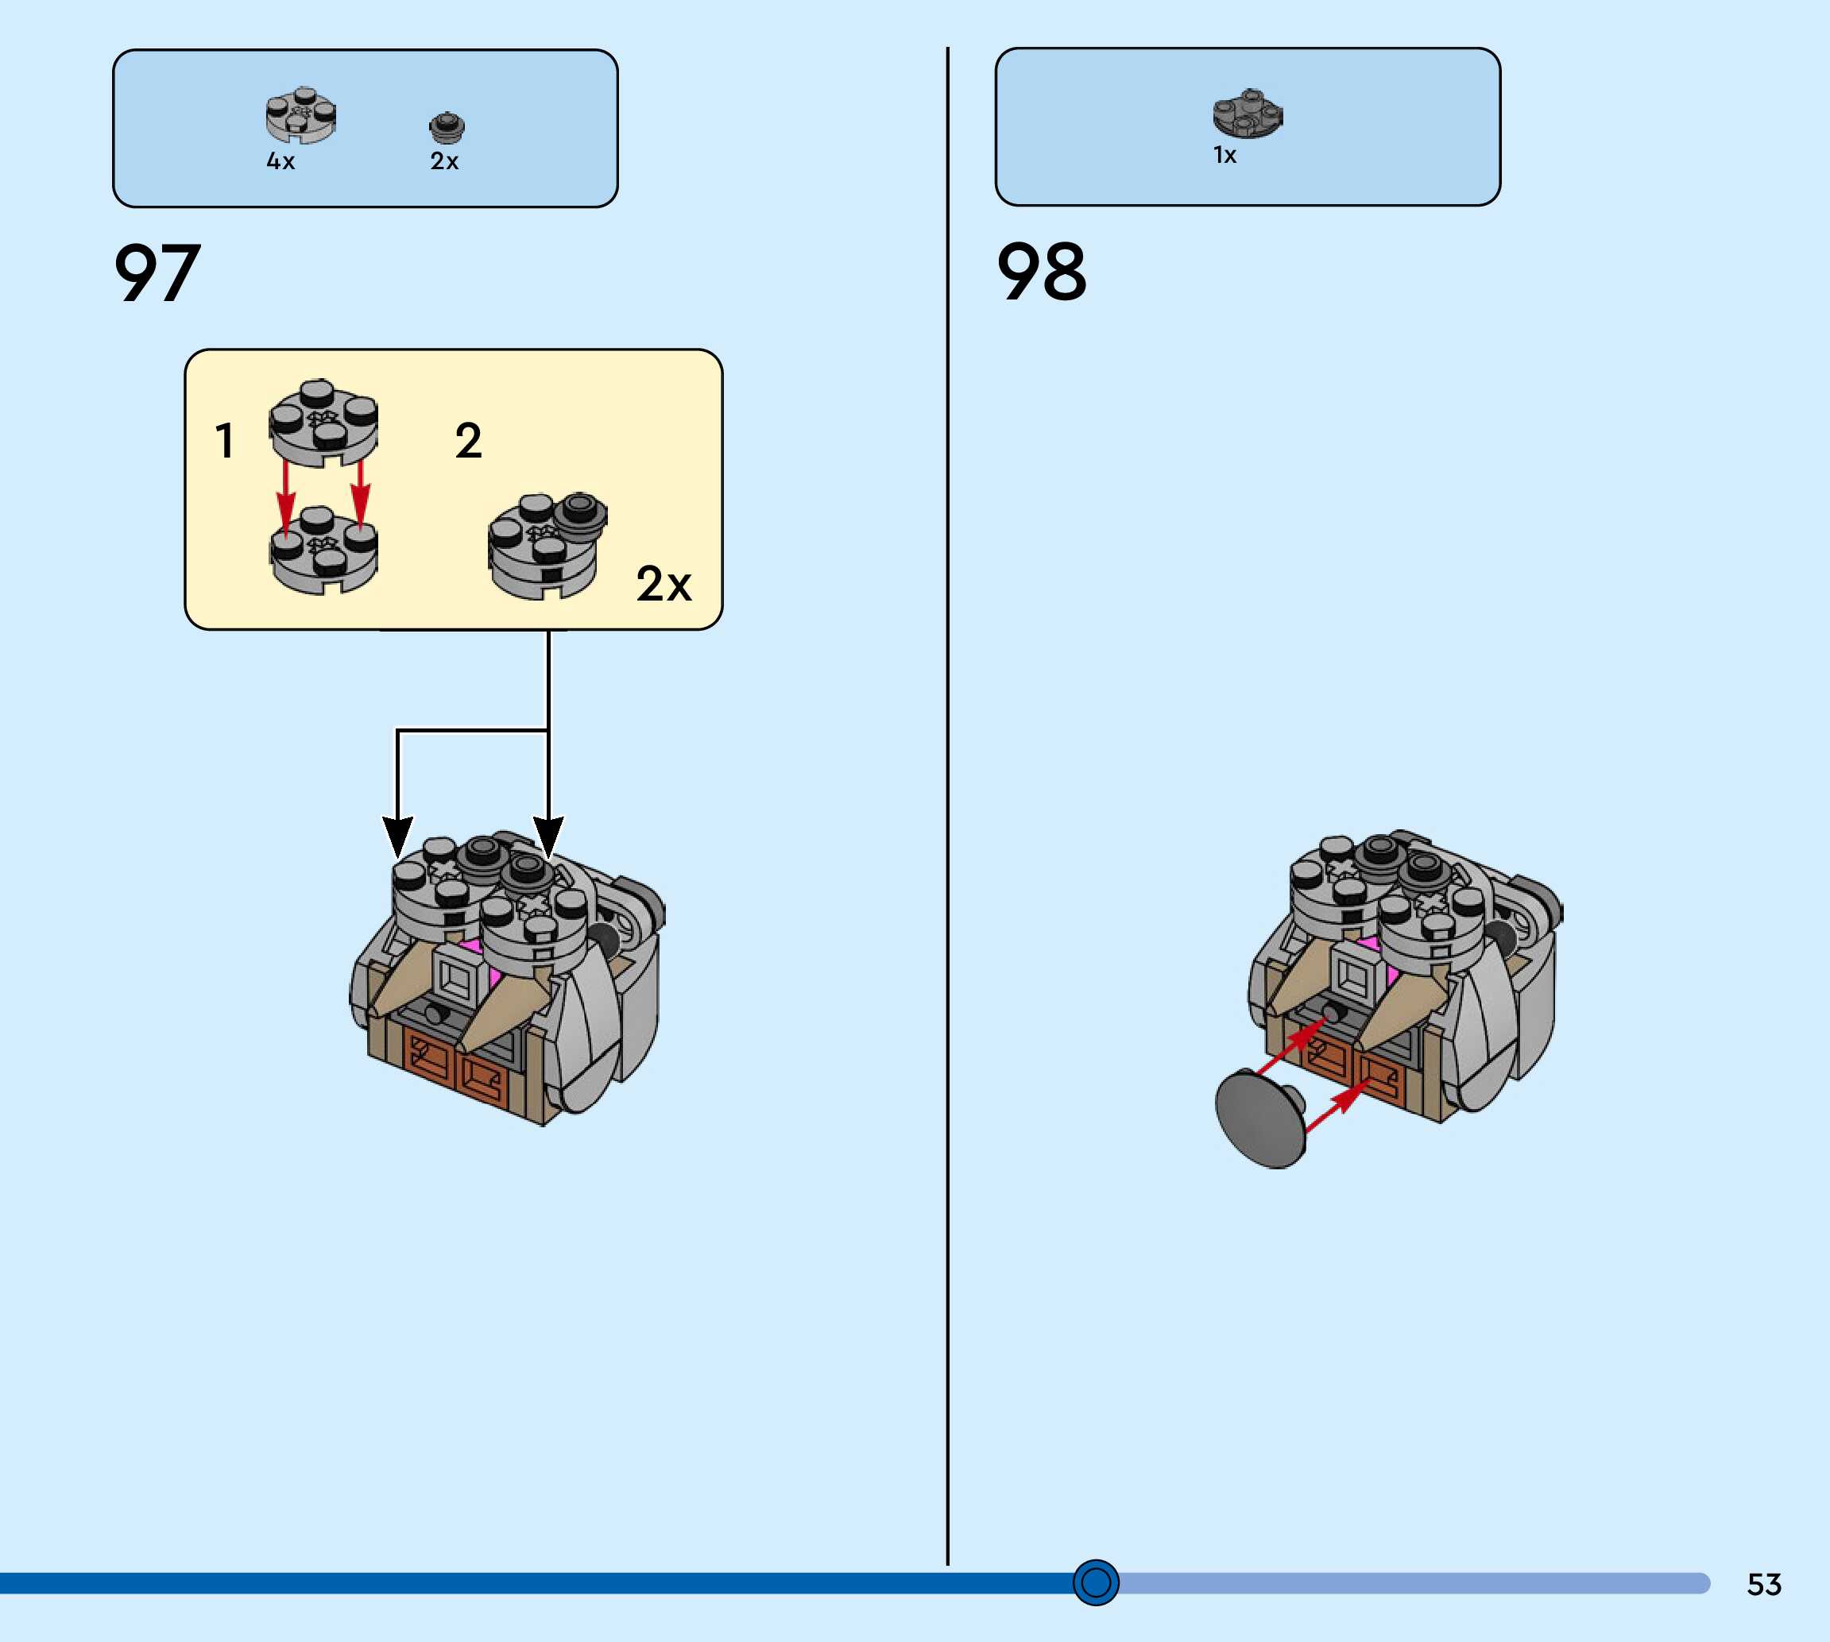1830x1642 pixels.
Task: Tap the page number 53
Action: click(1764, 1584)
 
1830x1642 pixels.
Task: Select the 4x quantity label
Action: click(280, 161)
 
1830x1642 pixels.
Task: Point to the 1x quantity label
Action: click(1225, 155)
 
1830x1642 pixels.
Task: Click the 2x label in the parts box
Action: click(444, 161)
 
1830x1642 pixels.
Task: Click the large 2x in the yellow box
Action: click(664, 584)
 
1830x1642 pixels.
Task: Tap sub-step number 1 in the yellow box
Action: click(225, 441)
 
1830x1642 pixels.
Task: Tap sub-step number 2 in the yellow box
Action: click(468, 441)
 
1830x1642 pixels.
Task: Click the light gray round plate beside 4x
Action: click(300, 115)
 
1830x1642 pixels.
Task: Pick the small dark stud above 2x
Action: click(447, 127)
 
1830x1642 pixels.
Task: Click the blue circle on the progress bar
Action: click(1096, 1582)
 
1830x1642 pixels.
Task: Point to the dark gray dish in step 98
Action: click(1259, 1118)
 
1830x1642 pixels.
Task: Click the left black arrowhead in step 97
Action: click(398, 836)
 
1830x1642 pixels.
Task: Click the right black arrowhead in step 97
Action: click(548, 836)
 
